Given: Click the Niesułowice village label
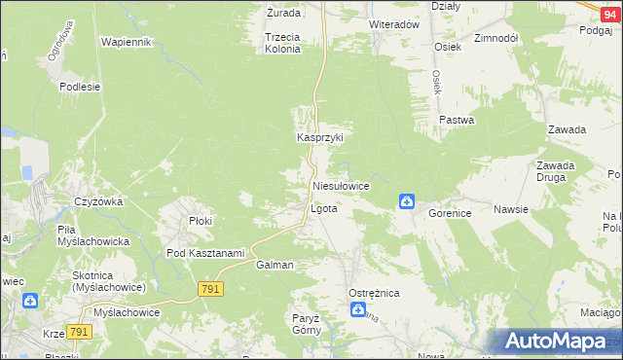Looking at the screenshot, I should (x=341, y=185).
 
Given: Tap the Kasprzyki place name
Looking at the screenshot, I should (x=320, y=138).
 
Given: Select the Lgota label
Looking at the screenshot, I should (x=323, y=209).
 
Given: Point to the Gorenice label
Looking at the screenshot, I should (x=450, y=211).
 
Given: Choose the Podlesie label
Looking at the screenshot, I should (x=80, y=87).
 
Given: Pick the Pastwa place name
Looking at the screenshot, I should (x=456, y=121).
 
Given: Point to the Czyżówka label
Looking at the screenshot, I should (x=96, y=201).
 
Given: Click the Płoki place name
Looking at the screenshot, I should (x=201, y=221).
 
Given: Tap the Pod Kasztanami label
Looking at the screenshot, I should (x=204, y=253).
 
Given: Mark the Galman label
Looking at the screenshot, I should (x=275, y=265).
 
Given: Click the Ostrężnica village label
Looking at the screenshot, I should (x=375, y=293).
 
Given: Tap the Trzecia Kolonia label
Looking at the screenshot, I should (x=282, y=42).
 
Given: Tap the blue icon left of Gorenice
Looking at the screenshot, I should (x=406, y=201).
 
